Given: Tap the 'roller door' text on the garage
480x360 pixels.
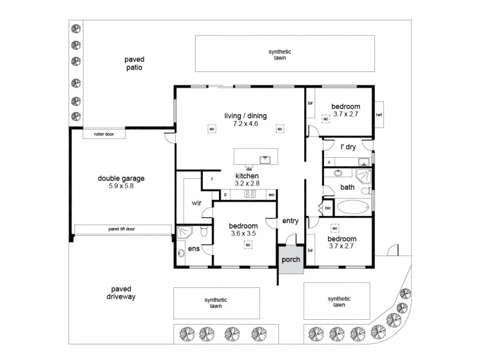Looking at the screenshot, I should tap(104, 134).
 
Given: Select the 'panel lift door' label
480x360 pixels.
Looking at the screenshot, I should tap(122, 229).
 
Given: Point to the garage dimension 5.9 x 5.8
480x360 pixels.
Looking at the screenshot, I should tap(121, 187).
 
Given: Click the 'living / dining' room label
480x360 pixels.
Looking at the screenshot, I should tap(245, 116).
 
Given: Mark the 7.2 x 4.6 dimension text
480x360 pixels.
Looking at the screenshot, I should tap(245, 124).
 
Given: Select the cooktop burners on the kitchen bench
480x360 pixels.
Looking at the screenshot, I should tap(250, 194).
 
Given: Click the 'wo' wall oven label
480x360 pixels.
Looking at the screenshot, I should tap(271, 195).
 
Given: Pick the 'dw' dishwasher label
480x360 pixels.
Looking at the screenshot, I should tap(248, 169).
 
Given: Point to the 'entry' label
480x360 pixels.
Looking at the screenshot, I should tap(290, 221).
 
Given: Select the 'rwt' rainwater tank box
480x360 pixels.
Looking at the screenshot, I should tap(379, 115).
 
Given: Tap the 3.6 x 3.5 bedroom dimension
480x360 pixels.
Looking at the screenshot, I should tap(242, 234).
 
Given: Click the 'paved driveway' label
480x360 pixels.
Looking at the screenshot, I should tap(120, 292).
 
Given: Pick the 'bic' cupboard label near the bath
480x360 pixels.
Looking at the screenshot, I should tap(328, 208).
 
